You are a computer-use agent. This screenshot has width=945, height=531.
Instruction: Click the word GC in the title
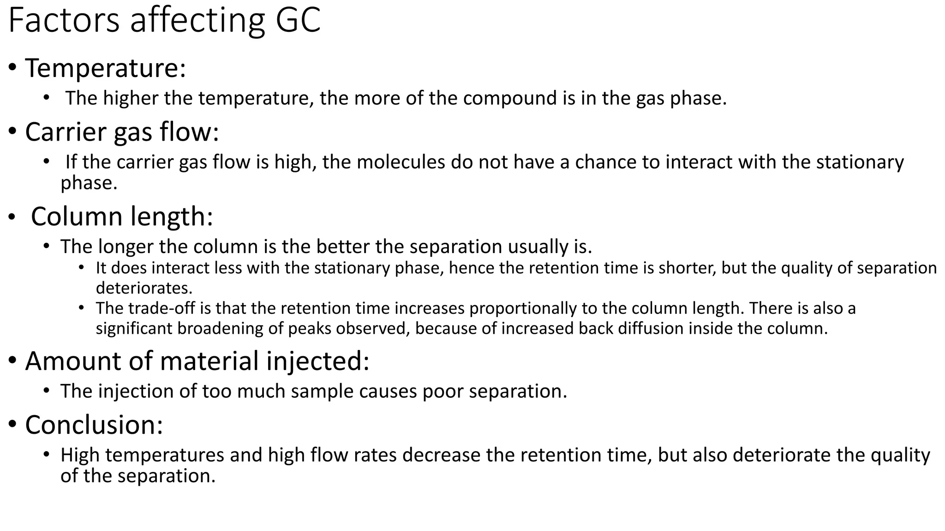[298, 21]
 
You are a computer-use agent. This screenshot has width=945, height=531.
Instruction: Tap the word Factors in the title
[64, 21]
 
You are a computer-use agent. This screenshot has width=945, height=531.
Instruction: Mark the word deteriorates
[144, 288]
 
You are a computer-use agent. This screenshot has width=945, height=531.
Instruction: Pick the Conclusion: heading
[94, 425]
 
